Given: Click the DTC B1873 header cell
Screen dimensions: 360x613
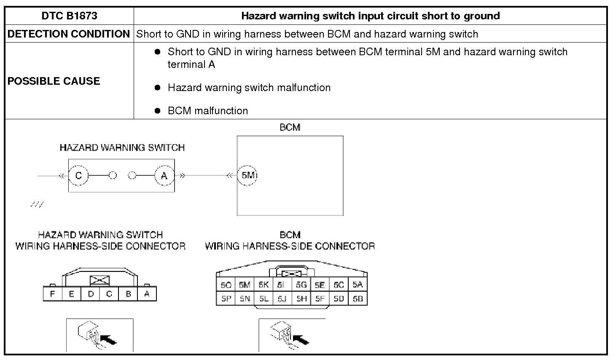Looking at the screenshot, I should click(x=69, y=16).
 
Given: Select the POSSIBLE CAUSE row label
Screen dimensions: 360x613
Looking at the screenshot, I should click(x=54, y=81).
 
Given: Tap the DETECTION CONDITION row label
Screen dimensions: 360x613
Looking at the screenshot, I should click(x=69, y=34).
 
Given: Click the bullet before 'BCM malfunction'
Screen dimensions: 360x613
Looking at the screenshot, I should click(x=158, y=111).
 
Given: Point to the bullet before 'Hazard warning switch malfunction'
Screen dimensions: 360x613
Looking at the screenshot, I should click(x=158, y=88).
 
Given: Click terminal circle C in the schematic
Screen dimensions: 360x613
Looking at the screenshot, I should click(x=78, y=176).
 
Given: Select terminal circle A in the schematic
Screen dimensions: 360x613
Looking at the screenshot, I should click(x=164, y=176).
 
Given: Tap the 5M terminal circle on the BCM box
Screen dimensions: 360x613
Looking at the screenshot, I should click(x=247, y=175).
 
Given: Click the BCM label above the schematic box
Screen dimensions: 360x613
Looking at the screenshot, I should click(x=290, y=127).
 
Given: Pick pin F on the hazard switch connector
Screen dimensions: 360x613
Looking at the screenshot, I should click(x=52, y=294).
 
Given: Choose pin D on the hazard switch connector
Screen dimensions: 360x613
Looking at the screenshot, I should click(x=91, y=294).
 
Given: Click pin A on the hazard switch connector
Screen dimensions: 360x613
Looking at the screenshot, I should click(x=147, y=294).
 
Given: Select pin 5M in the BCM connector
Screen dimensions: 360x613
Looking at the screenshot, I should click(x=245, y=285).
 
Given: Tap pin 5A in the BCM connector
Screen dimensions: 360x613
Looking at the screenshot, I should click(x=358, y=285).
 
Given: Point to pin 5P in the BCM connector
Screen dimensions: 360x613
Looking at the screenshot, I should click(x=226, y=299).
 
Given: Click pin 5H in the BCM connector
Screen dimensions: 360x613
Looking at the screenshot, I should click(x=301, y=299).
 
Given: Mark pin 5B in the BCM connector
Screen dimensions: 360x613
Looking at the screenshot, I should click(x=358, y=299).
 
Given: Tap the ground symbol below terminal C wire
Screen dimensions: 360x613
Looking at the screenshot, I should click(x=37, y=204).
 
